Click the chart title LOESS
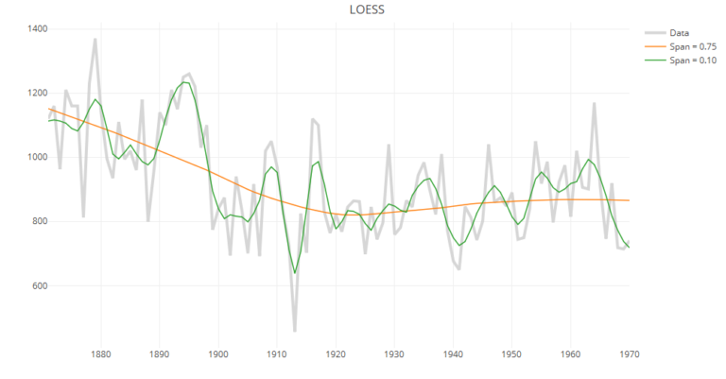click(x=363, y=9)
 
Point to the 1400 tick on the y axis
click(x=37, y=29)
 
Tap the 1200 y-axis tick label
click(x=37, y=94)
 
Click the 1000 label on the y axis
click(x=37, y=158)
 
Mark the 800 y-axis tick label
click(x=39, y=222)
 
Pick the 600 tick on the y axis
click(x=39, y=286)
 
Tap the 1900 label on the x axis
click(x=218, y=355)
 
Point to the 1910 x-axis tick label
click(x=277, y=355)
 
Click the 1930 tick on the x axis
click(x=394, y=355)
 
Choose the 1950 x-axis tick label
click(x=511, y=355)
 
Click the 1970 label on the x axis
click(x=630, y=355)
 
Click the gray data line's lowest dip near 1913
click(x=295, y=331)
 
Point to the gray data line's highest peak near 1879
click(x=95, y=40)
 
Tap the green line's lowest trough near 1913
click(x=295, y=273)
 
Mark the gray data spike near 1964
click(x=595, y=103)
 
